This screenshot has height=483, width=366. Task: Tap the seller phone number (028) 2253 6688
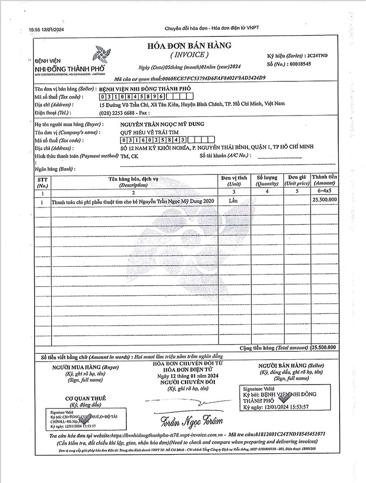tap(117, 112)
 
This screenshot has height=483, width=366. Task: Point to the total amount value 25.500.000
tap(325, 347)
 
